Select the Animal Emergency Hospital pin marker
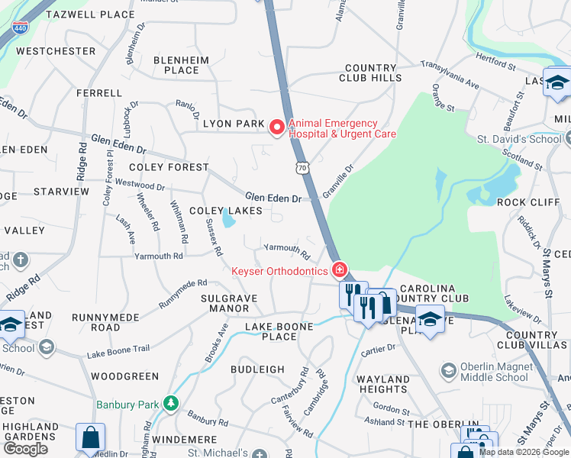[277, 127]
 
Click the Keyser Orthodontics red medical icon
[340, 270]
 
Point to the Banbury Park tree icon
[173, 403]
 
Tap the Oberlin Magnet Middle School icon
[450, 371]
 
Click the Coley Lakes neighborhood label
[226, 211]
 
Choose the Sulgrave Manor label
[225, 303]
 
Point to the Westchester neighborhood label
[56, 51]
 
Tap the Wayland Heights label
[383, 384]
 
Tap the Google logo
[25, 448]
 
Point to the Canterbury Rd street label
[289, 387]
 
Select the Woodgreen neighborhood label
[124, 376]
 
